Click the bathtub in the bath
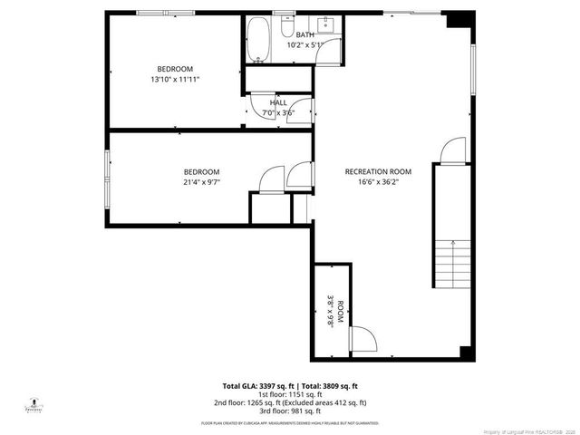(258, 41)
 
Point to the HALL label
(278, 103)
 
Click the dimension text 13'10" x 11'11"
(175, 80)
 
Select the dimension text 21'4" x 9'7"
(201, 181)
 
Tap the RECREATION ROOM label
(378, 171)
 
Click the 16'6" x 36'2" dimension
(378, 181)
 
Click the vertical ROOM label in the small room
(341, 312)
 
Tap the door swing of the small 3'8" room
(363, 339)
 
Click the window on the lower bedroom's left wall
(108, 172)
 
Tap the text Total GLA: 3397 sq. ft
(257, 386)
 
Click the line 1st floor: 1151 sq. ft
(290, 393)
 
